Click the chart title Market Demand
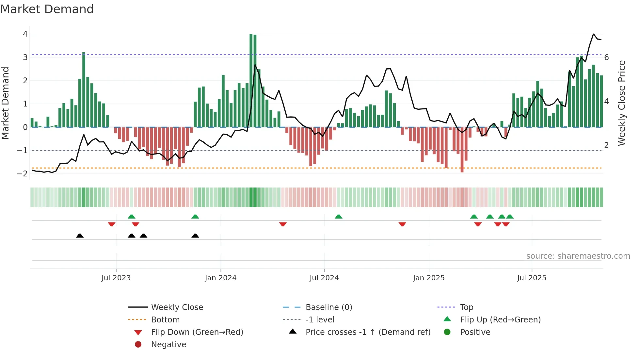47,9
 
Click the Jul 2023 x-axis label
116,278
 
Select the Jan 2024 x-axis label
220,278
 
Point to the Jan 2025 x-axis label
428,278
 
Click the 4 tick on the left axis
25,34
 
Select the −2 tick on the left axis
23,174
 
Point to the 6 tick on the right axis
606,57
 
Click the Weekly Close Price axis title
621,103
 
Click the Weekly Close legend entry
177,307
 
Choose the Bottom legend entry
165,320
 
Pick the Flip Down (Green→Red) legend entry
197,332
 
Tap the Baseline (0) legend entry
328,307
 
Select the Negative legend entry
168,345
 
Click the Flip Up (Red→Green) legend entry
500,320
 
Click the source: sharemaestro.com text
578,256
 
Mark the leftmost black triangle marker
80,236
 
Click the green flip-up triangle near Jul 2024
338,217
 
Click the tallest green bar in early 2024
251,80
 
